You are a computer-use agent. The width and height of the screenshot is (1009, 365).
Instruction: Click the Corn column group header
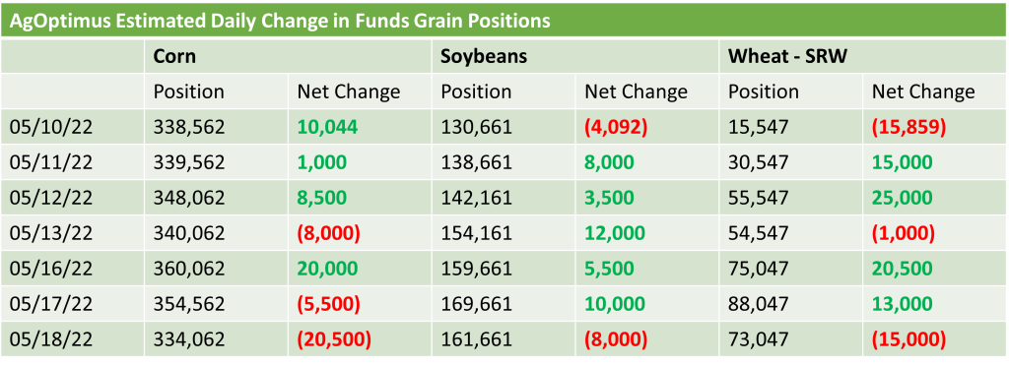[174, 56]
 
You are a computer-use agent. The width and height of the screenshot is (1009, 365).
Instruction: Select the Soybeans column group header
[484, 56]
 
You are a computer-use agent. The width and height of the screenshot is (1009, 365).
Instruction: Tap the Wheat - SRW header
[787, 56]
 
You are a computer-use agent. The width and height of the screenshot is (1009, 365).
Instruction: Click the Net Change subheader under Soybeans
[636, 91]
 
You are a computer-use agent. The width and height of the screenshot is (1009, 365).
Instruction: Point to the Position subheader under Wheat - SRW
[764, 91]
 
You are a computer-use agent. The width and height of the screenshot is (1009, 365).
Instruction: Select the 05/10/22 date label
[51, 127]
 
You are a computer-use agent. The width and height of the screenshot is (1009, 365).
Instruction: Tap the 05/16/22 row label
[51, 268]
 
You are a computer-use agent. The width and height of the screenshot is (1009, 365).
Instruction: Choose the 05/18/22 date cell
[51, 338]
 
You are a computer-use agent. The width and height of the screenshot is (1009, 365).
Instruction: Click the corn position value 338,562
[189, 127]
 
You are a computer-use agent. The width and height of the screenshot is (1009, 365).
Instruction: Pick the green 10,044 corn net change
[327, 127]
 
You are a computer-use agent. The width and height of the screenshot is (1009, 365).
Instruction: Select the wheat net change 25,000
[903, 198]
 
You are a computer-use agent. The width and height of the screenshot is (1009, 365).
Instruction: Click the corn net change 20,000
[327, 268]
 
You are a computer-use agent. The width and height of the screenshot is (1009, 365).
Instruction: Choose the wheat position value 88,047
[758, 303]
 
